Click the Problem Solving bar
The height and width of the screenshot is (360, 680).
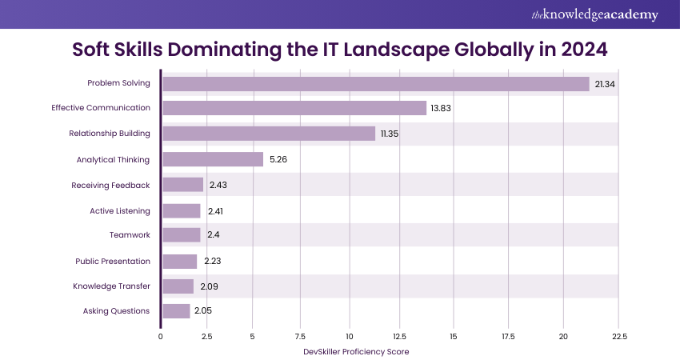coord(376,84)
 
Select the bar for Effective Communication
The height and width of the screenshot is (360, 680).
coord(294,108)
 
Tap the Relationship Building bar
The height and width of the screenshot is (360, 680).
coord(269,134)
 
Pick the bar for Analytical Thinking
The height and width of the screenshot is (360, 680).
coord(213,159)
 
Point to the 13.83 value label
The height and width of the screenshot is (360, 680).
coord(441,108)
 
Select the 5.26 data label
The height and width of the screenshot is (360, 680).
coord(278,159)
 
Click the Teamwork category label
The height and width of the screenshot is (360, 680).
coord(130,235)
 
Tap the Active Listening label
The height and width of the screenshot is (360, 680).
coord(120,210)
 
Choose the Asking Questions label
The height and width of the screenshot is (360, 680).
coord(116,311)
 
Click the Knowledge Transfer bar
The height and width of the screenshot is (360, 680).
coord(178,286)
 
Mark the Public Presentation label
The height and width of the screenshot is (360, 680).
coord(113,261)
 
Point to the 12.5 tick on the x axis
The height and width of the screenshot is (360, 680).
coord(400,336)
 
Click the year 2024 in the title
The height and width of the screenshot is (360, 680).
coord(580,49)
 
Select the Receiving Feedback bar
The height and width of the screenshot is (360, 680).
coord(183,185)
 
